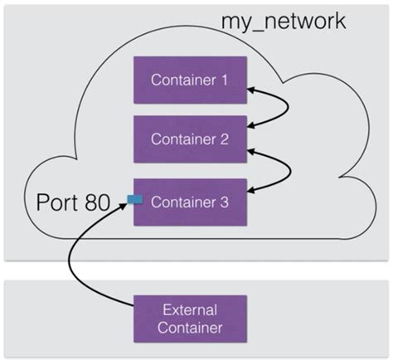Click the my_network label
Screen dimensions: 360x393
pyautogui.click(x=281, y=20)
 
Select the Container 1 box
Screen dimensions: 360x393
pyautogui.click(x=191, y=80)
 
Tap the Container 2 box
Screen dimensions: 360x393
pyautogui.click(x=191, y=140)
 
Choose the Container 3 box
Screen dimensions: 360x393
pyautogui.click(x=191, y=201)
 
